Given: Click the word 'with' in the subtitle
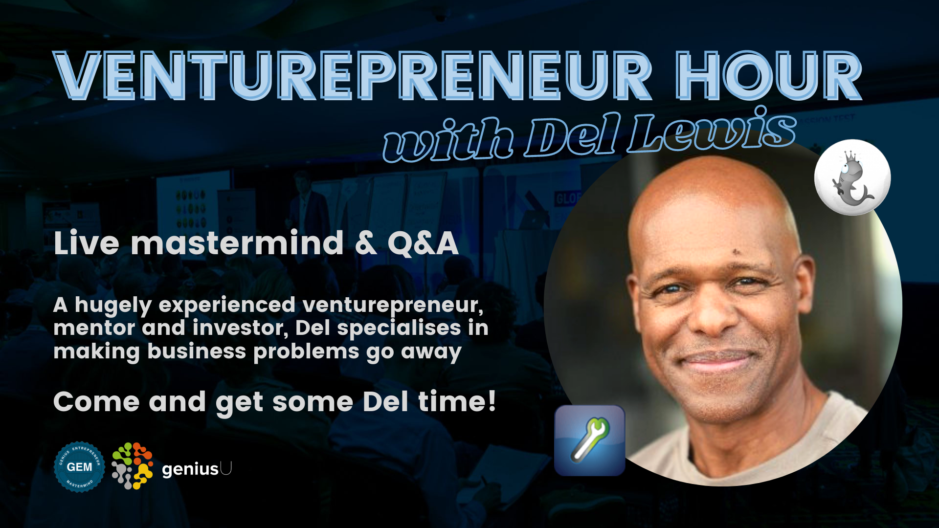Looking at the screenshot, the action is click(x=447, y=140).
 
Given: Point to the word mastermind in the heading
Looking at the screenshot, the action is click(x=237, y=243).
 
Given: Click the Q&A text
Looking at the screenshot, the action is click(x=423, y=243).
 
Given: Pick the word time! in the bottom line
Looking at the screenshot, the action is click(x=457, y=401).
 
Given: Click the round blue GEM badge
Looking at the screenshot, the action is click(x=79, y=467).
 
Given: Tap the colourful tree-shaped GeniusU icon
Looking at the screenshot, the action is click(x=133, y=466).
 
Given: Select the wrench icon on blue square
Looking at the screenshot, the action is click(x=590, y=440).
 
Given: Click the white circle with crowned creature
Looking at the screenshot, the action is click(x=852, y=177).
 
